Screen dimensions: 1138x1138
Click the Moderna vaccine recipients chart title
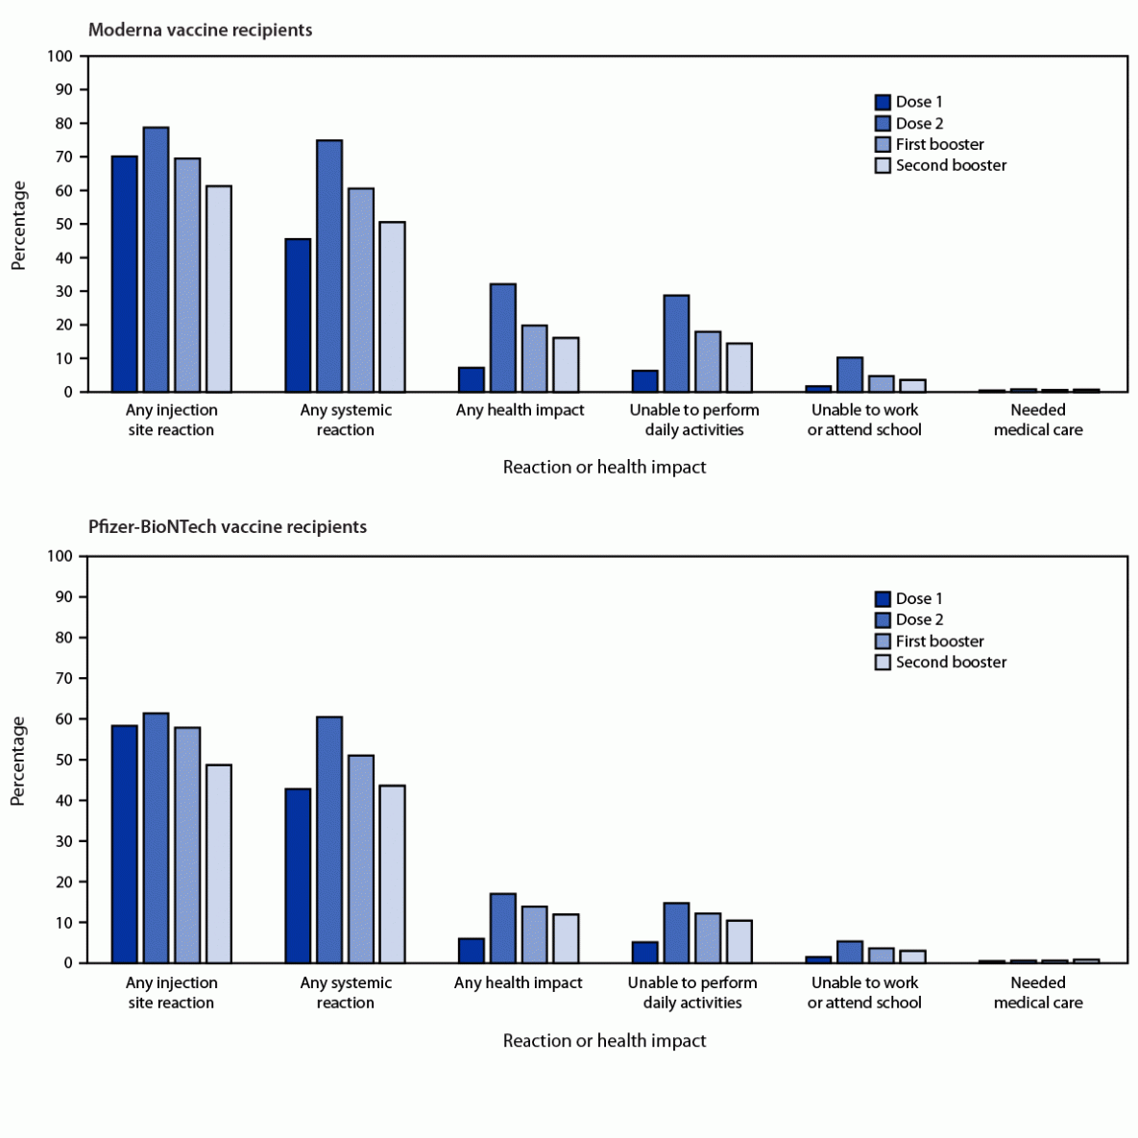(x=200, y=30)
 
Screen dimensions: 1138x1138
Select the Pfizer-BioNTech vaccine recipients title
(x=227, y=526)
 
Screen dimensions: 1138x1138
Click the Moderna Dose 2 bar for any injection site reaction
(x=156, y=259)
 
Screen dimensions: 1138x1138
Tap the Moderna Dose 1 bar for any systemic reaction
(x=298, y=315)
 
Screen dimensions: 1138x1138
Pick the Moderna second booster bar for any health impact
(x=566, y=365)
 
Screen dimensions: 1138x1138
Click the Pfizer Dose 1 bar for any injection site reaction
(x=124, y=844)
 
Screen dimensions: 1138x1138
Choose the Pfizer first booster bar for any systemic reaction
(x=361, y=860)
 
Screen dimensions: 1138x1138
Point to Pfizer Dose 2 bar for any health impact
(x=502, y=929)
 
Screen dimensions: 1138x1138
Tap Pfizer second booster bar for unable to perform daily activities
(x=739, y=942)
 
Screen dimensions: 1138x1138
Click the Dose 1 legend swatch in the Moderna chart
(x=884, y=102)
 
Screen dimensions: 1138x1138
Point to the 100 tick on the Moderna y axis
(x=60, y=56)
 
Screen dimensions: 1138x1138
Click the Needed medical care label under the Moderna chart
(x=1037, y=420)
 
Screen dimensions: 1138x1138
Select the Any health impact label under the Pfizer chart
(x=518, y=982)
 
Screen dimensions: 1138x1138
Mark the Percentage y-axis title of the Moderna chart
(x=19, y=226)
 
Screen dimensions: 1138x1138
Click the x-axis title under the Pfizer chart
(x=604, y=1041)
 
